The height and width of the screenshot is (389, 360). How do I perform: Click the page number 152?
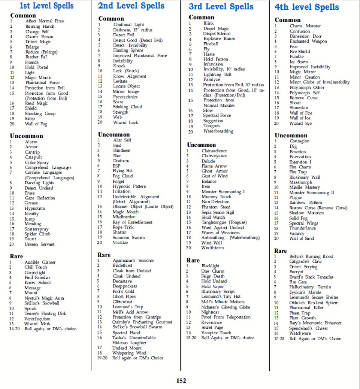[181, 381]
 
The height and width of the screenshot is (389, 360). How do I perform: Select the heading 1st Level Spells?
[46, 6]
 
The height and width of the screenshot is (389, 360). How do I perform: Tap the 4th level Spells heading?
[306, 7]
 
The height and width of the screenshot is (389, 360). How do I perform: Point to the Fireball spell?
[211, 44]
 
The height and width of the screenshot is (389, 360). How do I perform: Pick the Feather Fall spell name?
[36, 57]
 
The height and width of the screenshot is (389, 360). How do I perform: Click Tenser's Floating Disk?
[45, 313]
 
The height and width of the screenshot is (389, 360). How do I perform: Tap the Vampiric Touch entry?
[216, 332]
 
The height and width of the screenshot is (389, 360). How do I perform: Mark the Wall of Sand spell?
[302, 238]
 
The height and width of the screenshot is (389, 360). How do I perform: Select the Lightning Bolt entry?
[217, 75]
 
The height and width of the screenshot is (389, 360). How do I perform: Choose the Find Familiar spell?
[37, 277]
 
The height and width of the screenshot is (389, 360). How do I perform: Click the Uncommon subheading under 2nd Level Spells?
[114, 134]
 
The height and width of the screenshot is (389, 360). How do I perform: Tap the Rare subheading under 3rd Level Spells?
[193, 260]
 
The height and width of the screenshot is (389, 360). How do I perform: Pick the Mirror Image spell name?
[126, 91]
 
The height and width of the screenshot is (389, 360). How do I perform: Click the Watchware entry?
[300, 333]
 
